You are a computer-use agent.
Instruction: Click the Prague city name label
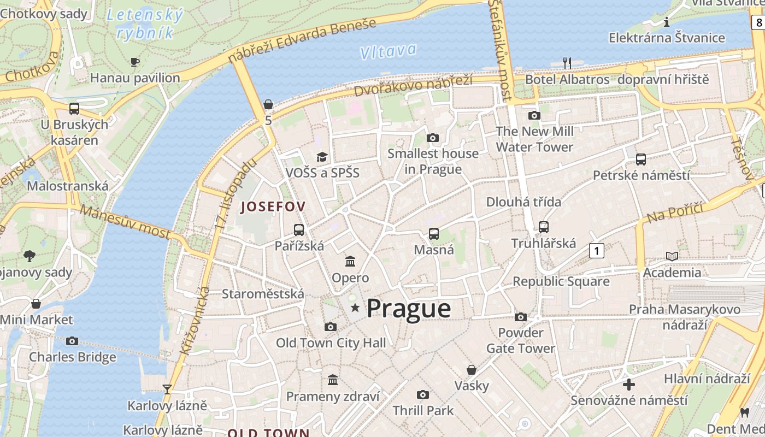(409, 309)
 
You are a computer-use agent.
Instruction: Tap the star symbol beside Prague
(355, 308)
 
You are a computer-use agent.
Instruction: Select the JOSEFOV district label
(273, 206)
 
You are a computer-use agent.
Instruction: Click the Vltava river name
(388, 51)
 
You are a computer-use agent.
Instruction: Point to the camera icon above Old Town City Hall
(330, 327)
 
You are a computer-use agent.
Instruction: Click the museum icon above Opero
(350, 262)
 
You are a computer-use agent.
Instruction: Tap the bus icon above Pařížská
(299, 230)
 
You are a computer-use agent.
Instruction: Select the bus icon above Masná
(434, 234)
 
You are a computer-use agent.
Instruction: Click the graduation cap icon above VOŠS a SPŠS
(322, 157)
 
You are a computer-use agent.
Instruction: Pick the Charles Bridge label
(73, 357)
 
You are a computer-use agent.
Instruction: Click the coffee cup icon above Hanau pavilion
(135, 62)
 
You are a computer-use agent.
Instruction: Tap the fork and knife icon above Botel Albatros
(567, 63)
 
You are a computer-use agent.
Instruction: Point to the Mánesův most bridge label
(125, 221)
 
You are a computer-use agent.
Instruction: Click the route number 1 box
(597, 251)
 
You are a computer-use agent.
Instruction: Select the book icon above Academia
(672, 256)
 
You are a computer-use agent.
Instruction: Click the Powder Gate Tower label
(521, 340)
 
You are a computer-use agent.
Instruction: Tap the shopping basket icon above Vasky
(472, 370)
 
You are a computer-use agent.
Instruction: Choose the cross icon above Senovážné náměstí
(629, 385)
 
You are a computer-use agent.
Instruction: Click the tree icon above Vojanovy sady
(30, 256)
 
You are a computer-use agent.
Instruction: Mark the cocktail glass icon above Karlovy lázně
(167, 389)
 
